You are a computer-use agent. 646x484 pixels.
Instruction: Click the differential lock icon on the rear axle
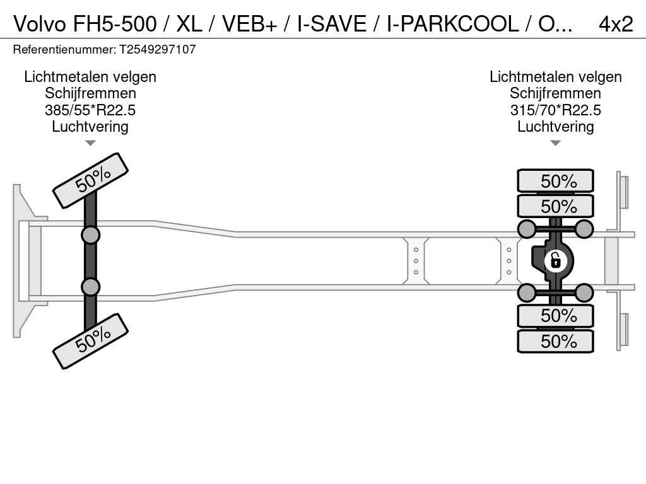[x=555, y=260]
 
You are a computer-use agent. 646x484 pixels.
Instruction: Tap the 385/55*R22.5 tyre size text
[x=90, y=110]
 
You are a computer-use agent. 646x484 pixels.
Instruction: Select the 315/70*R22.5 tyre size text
[x=556, y=110]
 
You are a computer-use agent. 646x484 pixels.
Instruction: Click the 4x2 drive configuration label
[x=615, y=24]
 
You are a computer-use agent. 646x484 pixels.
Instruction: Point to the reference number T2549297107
[x=158, y=50]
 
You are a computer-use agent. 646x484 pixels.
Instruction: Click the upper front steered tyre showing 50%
[x=90, y=180]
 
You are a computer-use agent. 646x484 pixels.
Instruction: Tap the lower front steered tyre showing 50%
[x=90, y=341]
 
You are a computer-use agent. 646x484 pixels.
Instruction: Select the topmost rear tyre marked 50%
[x=556, y=181]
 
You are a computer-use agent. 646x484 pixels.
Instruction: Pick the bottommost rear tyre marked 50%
[x=556, y=342]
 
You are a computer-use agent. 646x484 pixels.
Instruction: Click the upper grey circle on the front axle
[x=90, y=235]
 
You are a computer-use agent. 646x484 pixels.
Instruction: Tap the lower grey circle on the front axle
[x=90, y=287]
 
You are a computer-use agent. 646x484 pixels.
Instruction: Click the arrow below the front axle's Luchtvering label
[x=90, y=143]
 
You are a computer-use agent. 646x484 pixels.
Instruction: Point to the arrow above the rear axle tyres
[x=556, y=143]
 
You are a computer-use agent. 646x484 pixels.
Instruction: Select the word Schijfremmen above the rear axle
[x=556, y=93]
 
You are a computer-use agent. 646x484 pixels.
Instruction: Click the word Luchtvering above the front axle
[x=90, y=127]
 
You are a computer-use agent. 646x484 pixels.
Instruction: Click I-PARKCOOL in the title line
[x=452, y=24]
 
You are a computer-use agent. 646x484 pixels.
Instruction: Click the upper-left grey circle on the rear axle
[x=527, y=229]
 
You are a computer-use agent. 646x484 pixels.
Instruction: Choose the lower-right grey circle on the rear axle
[x=584, y=292]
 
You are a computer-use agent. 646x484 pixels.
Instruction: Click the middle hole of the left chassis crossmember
[x=416, y=261]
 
